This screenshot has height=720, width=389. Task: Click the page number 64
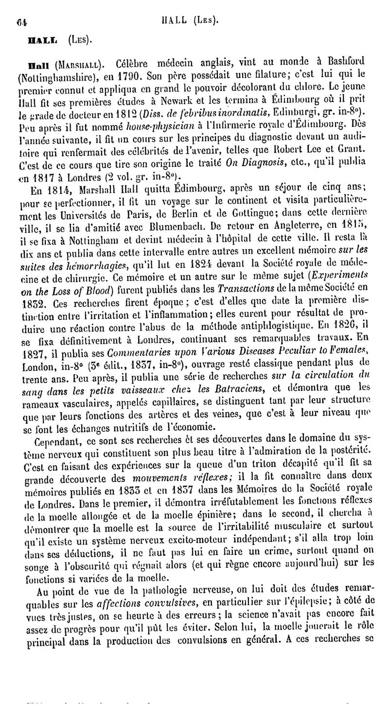(x=21, y=21)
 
